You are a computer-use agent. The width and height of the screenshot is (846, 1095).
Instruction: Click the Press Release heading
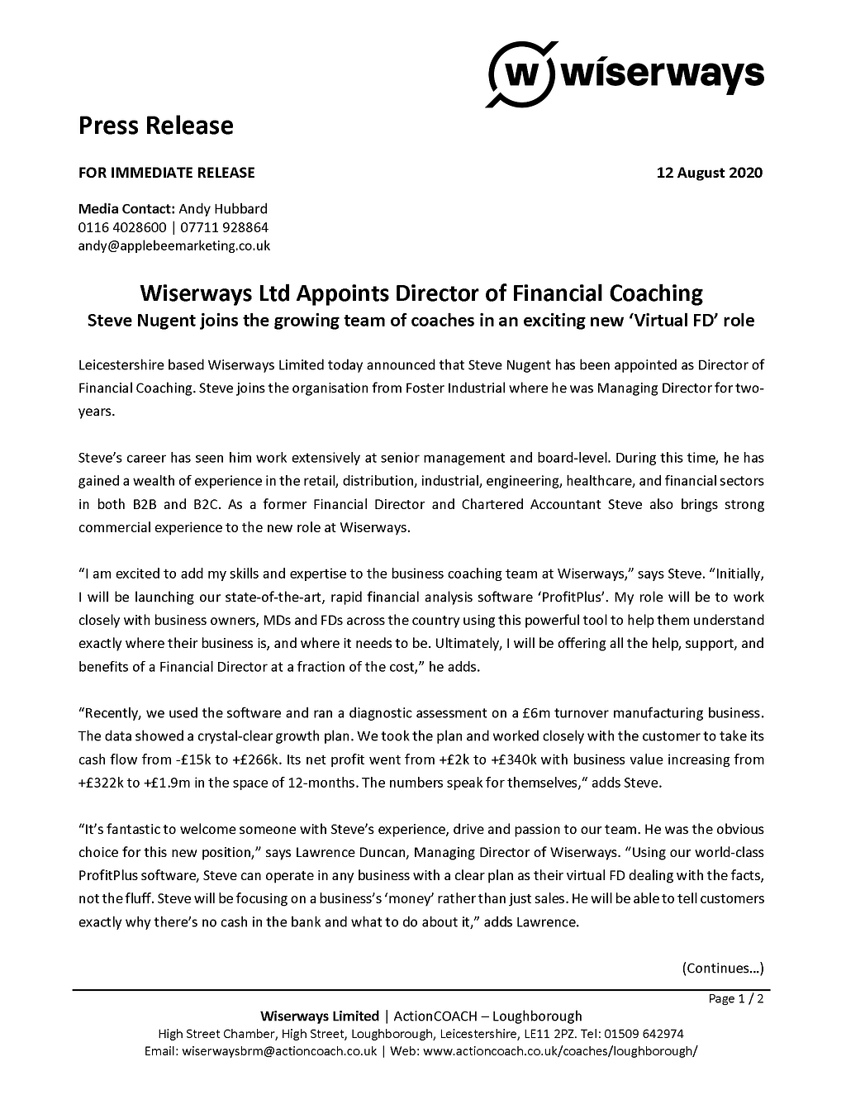(155, 126)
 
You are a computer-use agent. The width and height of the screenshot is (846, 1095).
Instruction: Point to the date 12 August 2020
(709, 173)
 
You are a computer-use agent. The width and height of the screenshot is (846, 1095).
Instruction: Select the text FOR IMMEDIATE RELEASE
(166, 173)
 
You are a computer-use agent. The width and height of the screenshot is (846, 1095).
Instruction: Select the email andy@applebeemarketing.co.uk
(173, 245)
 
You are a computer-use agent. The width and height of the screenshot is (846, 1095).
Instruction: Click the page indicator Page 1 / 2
(736, 999)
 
